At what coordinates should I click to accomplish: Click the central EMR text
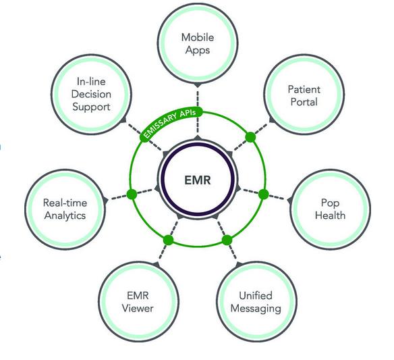pyautogui.click(x=198, y=180)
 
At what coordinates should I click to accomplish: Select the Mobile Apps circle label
pyautogui.click(x=198, y=44)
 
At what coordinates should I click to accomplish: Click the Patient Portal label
pyautogui.click(x=304, y=96)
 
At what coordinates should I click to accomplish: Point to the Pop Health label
pyautogui.click(x=330, y=209)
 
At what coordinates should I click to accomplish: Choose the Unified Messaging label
pyautogui.click(x=256, y=302)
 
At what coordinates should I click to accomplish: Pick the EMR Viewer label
pyautogui.click(x=138, y=302)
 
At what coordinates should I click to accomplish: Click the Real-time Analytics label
pyautogui.click(x=65, y=209)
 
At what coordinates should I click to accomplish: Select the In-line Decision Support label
pyautogui.click(x=91, y=94)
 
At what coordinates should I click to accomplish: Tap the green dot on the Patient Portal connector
pyautogui.click(x=250, y=137)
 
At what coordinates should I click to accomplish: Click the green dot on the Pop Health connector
pyautogui.click(x=263, y=195)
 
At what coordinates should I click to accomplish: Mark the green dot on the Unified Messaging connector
pyautogui.click(x=227, y=240)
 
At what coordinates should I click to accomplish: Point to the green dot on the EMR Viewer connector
pyautogui.click(x=169, y=240)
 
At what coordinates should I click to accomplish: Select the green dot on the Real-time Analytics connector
pyautogui.click(x=132, y=195)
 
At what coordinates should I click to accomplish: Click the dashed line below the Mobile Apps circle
pyautogui.click(x=198, y=111)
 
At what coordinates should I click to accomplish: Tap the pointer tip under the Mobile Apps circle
pyautogui.click(x=198, y=87)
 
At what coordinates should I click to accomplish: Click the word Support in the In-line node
pyautogui.click(x=91, y=107)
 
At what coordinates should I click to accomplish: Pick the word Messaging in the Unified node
pyautogui.click(x=256, y=309)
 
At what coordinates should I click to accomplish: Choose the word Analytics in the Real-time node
pyautogui.click(x=65, y=215)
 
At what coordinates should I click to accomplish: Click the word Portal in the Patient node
pyautogui.click(x=304, y=102)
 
